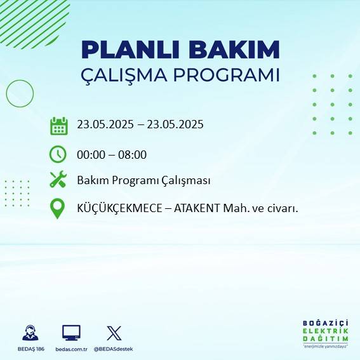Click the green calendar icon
(58, 126)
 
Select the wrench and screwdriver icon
(58, 180)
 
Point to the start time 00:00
(90, 154)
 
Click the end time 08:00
(133, 154)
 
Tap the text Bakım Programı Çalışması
(143, 180)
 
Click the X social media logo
(114, 333)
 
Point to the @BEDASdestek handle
(114, 349)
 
